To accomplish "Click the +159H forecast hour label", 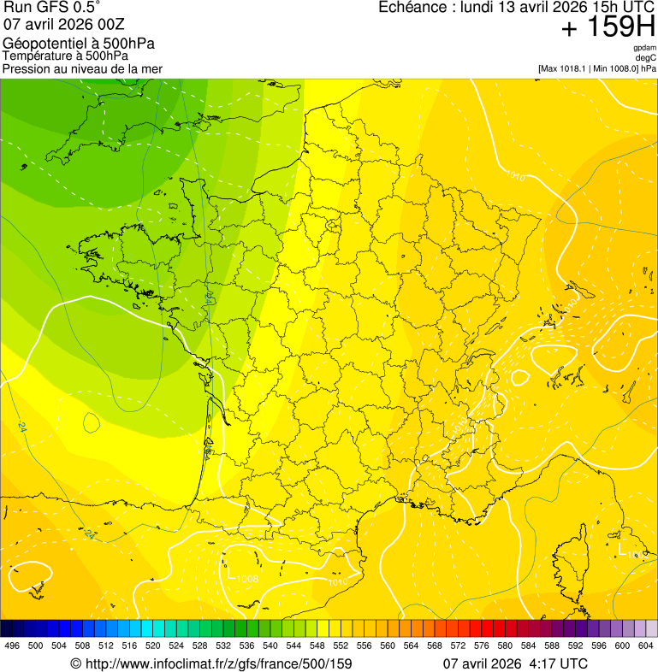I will (608, 28).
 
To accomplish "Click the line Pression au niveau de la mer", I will (82, 68).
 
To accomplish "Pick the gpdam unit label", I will (644, 49).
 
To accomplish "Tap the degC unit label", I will (646, 58).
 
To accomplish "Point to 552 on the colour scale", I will (341, 645).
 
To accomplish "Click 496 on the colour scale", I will (12, 645).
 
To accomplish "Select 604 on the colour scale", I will (646, 645).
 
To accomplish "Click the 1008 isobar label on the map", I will (246, 579).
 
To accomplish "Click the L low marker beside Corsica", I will (621, 547).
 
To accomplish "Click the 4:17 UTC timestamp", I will (557, 663).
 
